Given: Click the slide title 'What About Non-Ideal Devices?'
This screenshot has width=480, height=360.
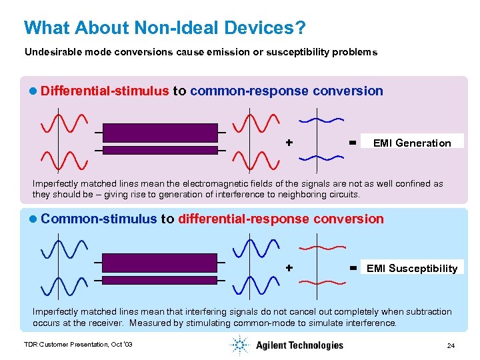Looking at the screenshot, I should tap(165, 28).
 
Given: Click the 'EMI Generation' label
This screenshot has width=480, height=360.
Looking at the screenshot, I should tap(412, 143).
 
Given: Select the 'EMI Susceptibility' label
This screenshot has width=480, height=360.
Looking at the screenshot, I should tap(412, 269).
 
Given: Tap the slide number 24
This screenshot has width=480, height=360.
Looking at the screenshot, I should tap(451, 345).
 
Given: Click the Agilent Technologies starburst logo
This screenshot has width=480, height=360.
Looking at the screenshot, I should tap(239, 345).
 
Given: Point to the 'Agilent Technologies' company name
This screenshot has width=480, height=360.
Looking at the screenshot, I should tap(299, 345).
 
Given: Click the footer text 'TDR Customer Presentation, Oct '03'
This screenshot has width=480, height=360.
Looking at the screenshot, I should tap(78, 345).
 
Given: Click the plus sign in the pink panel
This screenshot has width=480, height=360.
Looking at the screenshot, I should tap(289, 142).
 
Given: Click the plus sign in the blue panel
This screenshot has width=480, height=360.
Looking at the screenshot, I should tap(289, 267).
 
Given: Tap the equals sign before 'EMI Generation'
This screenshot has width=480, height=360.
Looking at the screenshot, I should tap(351, 142).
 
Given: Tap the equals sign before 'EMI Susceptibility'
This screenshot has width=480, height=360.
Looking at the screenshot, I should tap(351, 267).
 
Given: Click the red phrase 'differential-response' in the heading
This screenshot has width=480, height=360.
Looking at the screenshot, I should tap(236, 219).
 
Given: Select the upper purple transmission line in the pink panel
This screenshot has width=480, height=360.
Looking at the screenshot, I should tap(161, 132).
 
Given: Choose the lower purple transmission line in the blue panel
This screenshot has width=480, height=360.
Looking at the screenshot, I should tap(161, 280).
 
